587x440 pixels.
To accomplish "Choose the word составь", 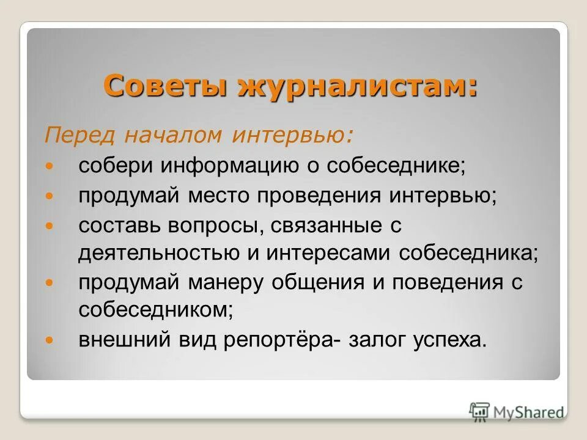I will (x=117, y=225).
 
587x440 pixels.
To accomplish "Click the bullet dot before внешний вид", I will (x=51, y=339).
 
